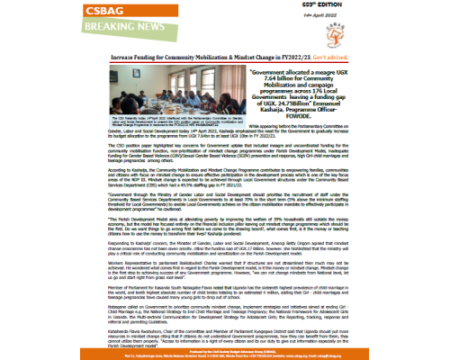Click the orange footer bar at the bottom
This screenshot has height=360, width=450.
tap(225, 355)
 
